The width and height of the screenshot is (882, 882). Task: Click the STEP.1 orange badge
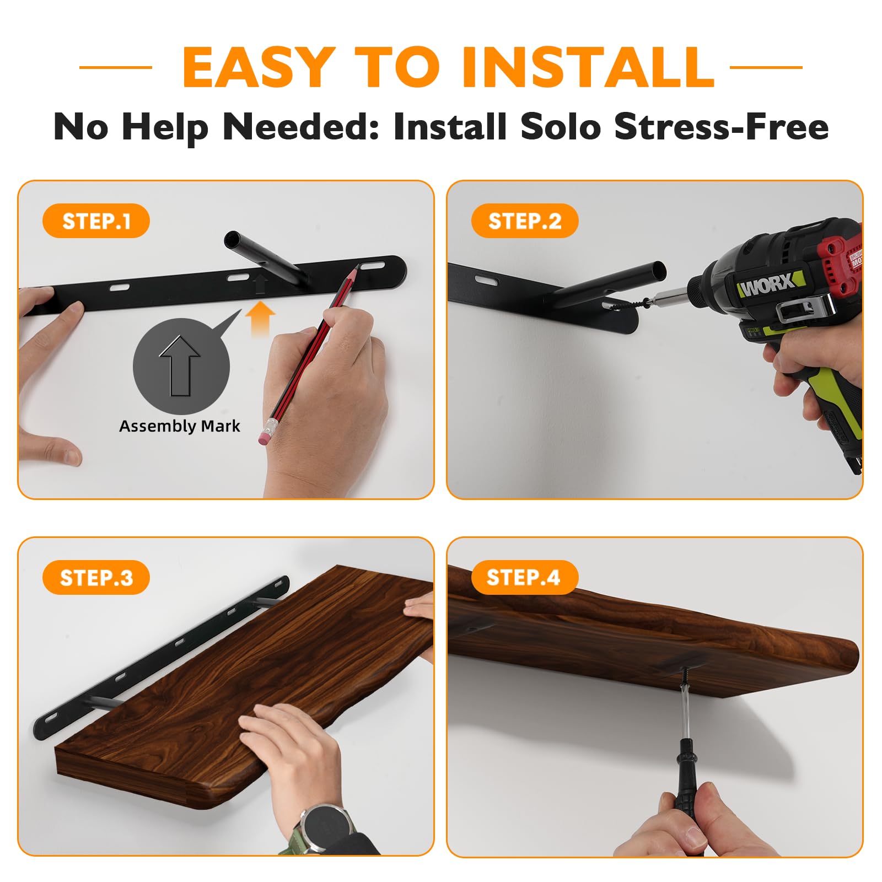pyautogui.click(x=96, y=221)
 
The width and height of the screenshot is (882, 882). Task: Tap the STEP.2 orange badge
pyautogui.click(x=525, y=221)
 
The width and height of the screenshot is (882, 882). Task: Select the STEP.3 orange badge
pyautogui.click(x=96, y=578)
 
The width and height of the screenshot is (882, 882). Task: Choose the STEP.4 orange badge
pyautogui.click(x=525, y=578)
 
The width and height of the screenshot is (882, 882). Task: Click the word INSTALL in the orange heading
pyautogui.click(x=588, y=67)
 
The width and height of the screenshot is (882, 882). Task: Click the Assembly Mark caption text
pyautogui.click(x=180, y=426)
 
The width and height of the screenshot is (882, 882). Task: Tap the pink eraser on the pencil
pyautogui.click(x=266, y=432)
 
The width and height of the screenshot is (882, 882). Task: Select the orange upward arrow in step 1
pyautogui.click(x=260, y=320)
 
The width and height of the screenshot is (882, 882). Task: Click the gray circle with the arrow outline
pyautogui.click(x=181, y=366)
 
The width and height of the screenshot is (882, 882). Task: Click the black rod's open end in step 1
pyautogui.click(x=233, y=240)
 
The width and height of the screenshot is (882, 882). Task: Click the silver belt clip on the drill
pyautogui.click(x=803, y=310)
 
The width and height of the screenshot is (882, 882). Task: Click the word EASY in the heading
pyautogui.click(x=259, y=67)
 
